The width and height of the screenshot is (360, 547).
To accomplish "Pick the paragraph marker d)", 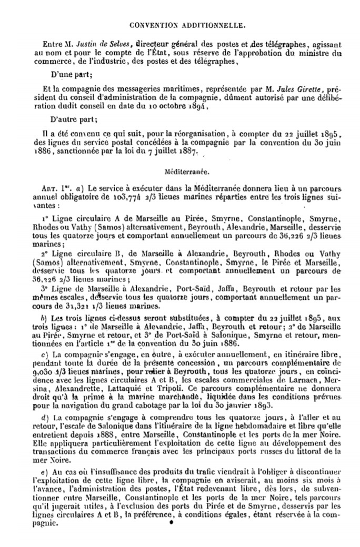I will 44,417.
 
